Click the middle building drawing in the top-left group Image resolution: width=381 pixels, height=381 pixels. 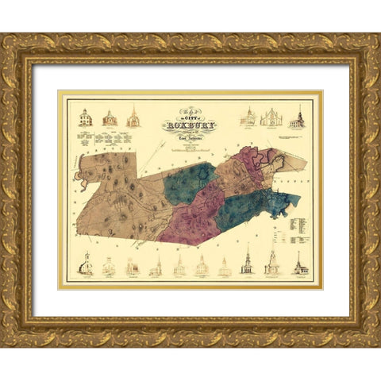[x=110, y=119]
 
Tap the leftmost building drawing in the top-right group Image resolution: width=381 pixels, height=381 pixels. [x=248, y=117]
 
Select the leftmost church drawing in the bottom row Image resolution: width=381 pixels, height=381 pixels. [x=85, y=266]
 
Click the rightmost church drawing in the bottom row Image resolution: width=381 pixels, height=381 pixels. [x=300, y=265]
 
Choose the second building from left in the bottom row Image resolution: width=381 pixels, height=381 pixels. [x=109, y=268]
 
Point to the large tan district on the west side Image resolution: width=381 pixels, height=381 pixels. [x=119, y=194]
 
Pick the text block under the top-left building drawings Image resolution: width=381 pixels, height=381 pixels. [x=107, y=139]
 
